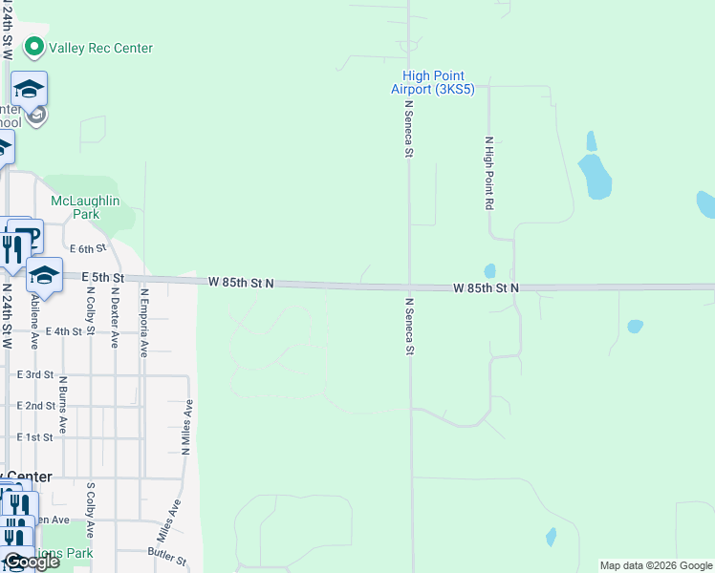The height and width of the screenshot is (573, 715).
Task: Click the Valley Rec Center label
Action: tap(100, 48)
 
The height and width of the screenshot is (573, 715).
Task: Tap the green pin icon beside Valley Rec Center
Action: tap(35, 47)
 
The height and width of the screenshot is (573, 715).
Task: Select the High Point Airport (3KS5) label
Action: tap(433, 82)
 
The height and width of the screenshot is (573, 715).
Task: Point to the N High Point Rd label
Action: tap(488, 173)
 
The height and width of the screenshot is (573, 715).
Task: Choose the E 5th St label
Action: tap(103, 277)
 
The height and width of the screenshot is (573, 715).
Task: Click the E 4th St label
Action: tap(63, 331)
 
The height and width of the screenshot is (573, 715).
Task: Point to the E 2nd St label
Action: tap(35, 406)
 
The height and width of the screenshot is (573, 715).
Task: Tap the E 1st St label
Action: tap(33, 437)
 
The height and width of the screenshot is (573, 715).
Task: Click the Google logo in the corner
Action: tap(31, 562)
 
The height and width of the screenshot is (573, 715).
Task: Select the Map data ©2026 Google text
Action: tap(656, 565)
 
